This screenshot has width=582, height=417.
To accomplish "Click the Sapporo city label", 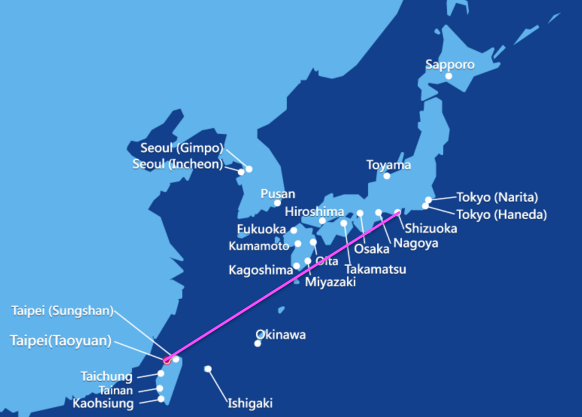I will click(x=450, y=64).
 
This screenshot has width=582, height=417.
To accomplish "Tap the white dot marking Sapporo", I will click(x=449, y=76).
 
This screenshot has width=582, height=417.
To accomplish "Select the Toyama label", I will click(x=388, y=165).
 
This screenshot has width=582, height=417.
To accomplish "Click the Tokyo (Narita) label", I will click(x=497, y=197).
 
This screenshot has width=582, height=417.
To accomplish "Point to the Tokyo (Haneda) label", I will click(x=501, y=214).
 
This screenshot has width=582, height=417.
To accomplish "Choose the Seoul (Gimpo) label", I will click(x=182, y=148).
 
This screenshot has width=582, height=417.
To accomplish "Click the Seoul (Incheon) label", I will click(x=177, y=164).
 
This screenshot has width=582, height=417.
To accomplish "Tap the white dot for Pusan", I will click(x=277, y=203).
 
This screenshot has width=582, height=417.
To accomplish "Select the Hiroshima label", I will click(x=314, y=212).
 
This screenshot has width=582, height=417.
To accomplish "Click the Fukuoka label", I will click(x=261, y=229).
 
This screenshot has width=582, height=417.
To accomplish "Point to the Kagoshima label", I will click(x=260, y=270).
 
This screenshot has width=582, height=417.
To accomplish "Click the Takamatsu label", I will click(x=375, y=269).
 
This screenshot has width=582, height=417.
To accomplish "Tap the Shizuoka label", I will click(x=431, y=229).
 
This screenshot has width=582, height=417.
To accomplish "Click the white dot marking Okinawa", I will click(x=258, y=343).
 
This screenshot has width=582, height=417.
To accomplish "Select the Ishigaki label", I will click(x=250, y=403).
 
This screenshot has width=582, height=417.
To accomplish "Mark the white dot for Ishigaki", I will click(x=208, y=369).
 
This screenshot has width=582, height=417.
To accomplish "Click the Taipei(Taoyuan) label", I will click(x=61, y=340).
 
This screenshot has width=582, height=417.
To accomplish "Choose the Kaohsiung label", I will click(x=103, y=404).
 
